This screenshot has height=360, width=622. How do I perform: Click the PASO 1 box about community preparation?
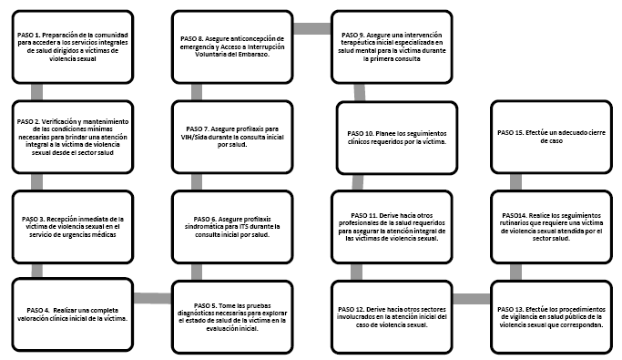point(73,46)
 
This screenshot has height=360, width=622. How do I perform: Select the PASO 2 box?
point(73,137)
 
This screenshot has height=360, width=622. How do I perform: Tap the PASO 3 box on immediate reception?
point(73,227)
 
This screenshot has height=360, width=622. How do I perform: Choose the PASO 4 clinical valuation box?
point(73,314)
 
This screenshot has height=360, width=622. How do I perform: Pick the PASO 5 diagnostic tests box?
point(232,317)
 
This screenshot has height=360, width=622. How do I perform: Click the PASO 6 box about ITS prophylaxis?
point(232,227)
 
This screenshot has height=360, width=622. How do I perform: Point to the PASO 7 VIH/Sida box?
point(232,137)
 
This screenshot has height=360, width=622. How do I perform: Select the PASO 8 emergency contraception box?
point(232,46)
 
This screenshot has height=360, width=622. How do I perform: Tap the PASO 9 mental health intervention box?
point(392,46)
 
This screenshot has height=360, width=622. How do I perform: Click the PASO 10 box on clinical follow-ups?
point(397,138)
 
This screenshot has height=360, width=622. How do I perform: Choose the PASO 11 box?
point(392,227)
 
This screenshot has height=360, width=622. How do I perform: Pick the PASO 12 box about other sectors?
point(392,317)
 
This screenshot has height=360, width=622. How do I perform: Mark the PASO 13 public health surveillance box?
point(551,317)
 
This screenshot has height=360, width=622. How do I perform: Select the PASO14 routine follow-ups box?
point(551,227)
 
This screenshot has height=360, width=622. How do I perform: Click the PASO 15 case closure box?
point(551,137)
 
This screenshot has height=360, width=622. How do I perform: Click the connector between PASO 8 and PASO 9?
point(312,28)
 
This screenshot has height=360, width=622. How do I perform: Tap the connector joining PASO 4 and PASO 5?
point(152,298)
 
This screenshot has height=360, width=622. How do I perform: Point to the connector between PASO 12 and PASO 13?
point(472,299)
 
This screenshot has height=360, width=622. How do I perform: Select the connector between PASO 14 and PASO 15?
point(515,181)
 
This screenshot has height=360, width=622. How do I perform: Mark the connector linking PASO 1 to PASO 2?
point(37,92)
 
